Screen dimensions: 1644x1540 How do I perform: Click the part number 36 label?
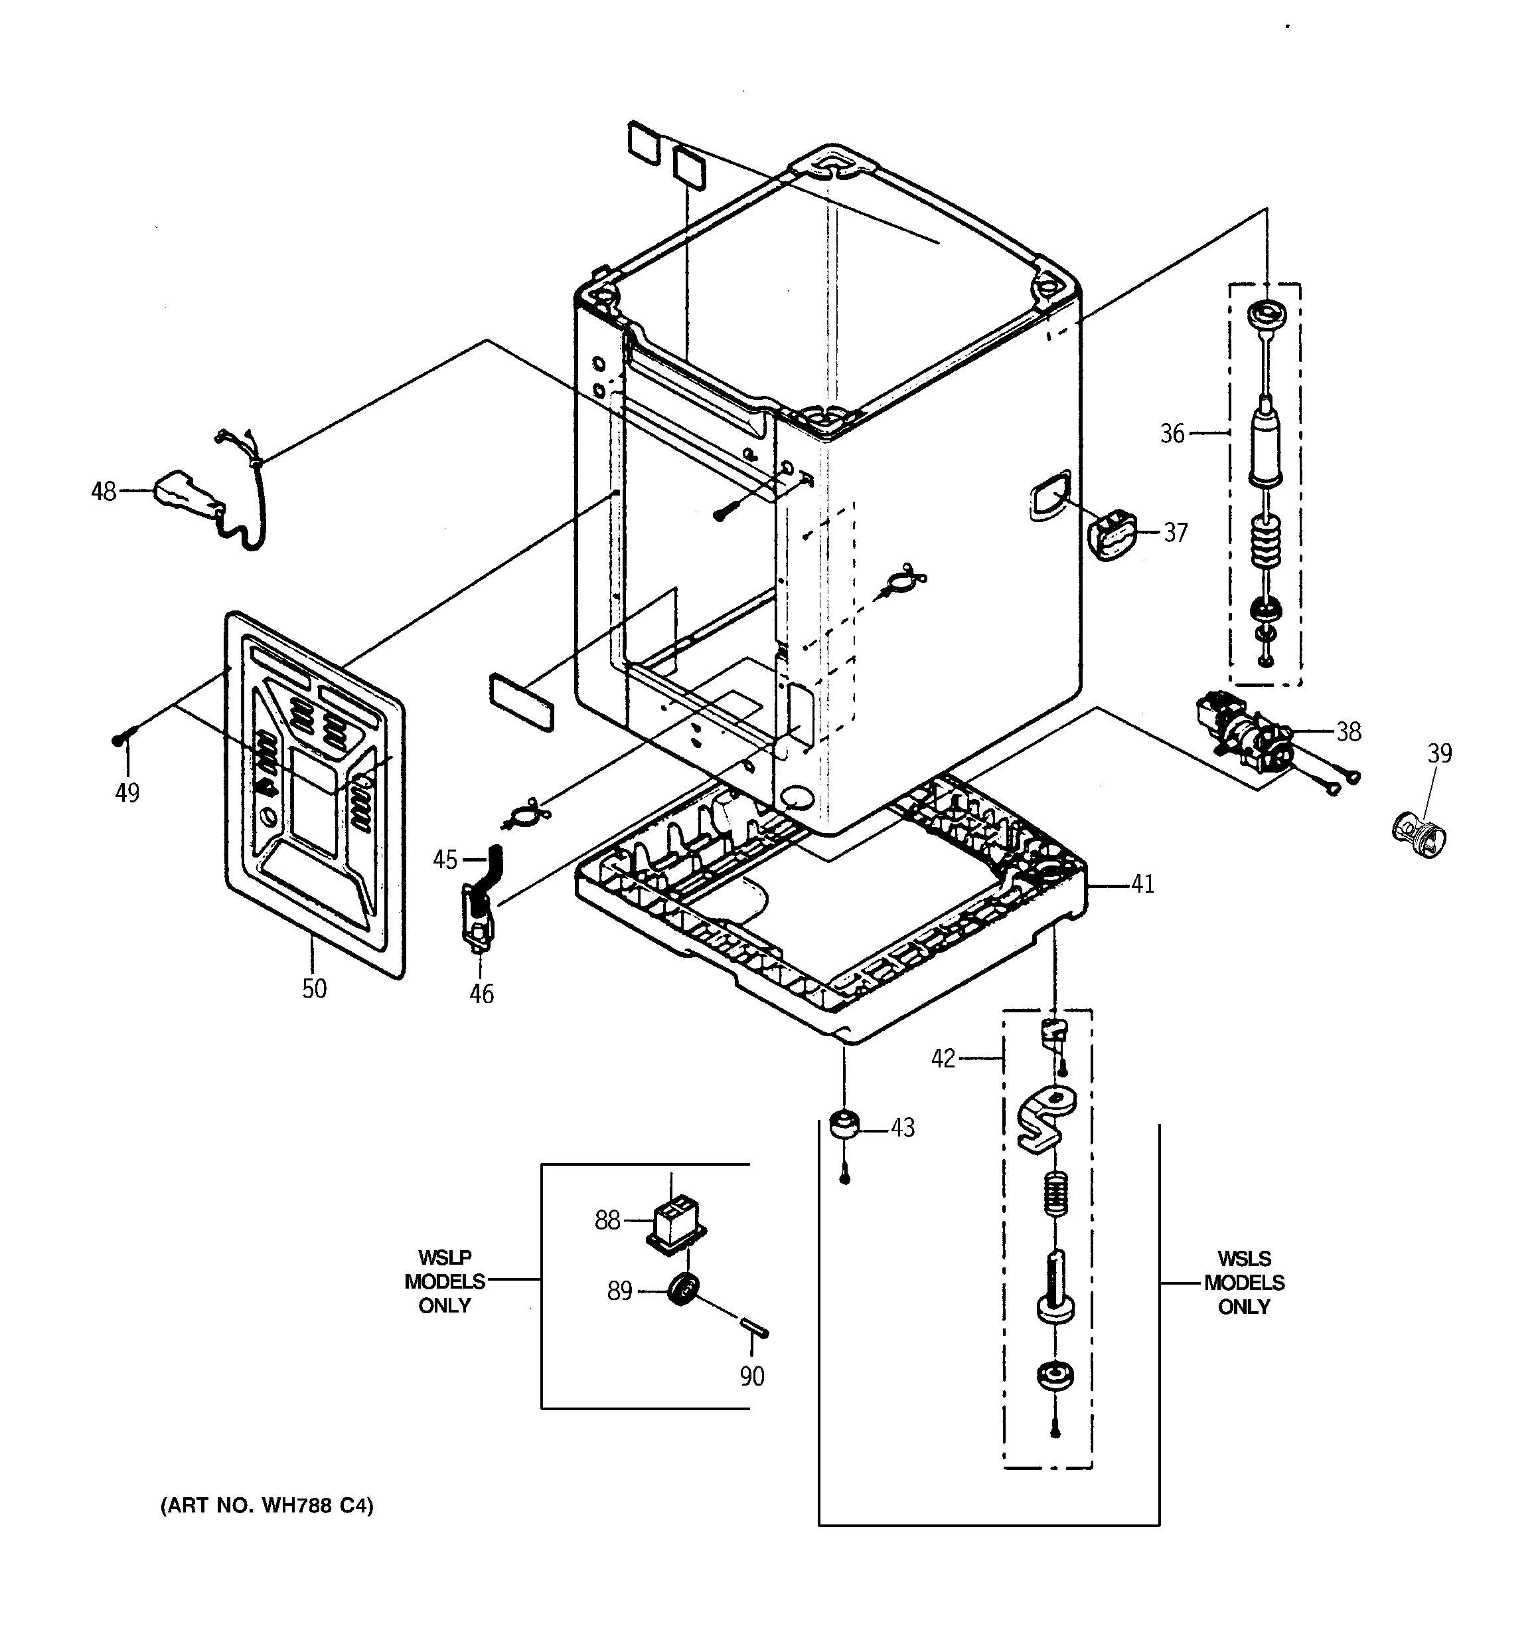[1172, 433]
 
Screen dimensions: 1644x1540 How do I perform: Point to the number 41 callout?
[1142, 884]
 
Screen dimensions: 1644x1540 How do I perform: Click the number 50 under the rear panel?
[314, 988]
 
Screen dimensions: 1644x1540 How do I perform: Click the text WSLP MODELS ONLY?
[445, 1282]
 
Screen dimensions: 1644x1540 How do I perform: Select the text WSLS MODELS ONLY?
[1244, 1283]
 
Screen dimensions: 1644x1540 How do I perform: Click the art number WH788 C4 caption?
[267, 1506]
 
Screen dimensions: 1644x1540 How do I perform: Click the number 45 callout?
[445, 860]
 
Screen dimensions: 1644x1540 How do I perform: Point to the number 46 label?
[482, 993]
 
